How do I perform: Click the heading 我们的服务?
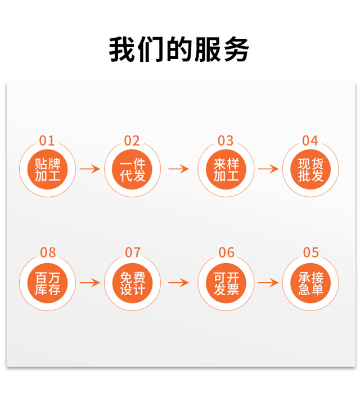(x=179, y=49)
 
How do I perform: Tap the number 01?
(x=47, y=140)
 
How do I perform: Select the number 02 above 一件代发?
(x=132, y=140)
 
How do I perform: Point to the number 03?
(x=226, y=140)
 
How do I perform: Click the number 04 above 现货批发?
(x=310, y=140)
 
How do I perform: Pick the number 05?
(x=310, y=252)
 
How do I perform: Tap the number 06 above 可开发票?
(x=226, y=252)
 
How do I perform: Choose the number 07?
(x=132, y=252)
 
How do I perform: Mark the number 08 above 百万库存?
(x=47, y=252)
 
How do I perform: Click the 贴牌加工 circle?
(x=47, y=169)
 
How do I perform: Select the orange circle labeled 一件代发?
(x=132, y=169)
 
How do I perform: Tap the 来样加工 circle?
(x=226, y=169)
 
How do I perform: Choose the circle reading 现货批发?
(x=310, y=169)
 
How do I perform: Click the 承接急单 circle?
(x=310, y=283)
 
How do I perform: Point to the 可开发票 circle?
(x=226, y=283)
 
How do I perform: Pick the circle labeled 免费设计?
(x=132, y=283)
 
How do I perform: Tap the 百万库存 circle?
(x=47, y=283)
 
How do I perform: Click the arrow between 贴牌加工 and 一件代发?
(x=89, y=169)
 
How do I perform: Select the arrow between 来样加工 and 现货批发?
(x=268, y=169)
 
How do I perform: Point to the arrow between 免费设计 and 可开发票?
(x=179, y=282)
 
